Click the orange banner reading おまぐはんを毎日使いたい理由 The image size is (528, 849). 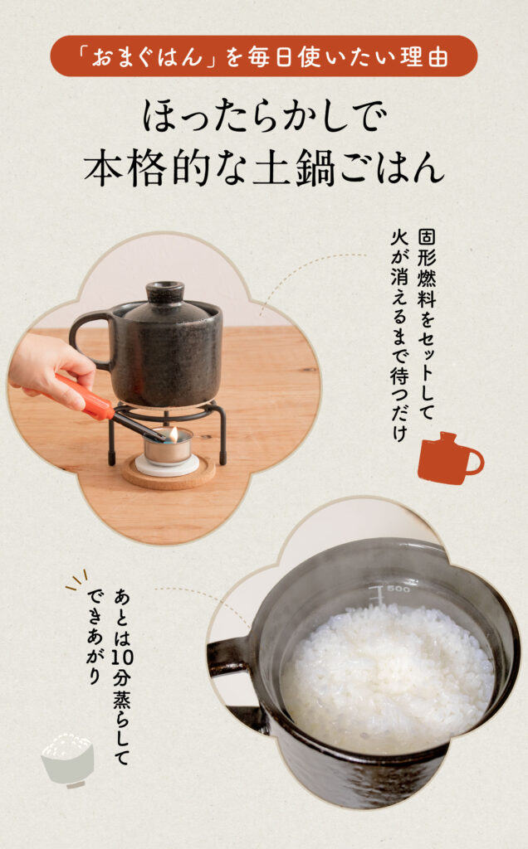264,56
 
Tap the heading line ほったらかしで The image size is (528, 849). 265,116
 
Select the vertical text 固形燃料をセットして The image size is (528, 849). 426,325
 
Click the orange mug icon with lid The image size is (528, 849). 450,458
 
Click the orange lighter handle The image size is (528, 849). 83,396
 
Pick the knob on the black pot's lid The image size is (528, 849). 165,290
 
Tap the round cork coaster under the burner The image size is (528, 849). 168,472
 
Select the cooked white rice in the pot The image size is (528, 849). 388,677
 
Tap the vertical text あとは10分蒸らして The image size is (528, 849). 121,677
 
